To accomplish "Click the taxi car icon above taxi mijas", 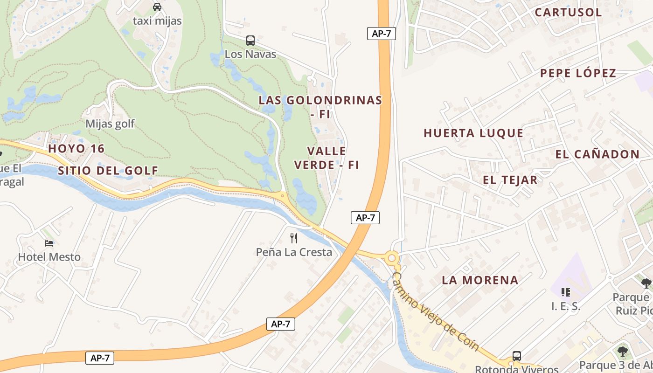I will [157, 7].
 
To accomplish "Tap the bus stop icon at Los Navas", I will [250, 41].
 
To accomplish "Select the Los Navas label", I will [250, 54].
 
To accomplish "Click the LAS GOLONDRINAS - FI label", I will [320, 106].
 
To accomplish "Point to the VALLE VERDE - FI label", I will [327, 158].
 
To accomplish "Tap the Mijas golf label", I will [110, 124].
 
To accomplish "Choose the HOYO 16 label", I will [76, 149].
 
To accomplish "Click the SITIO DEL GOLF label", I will [108, 171].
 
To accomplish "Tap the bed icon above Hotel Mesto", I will [49, 243].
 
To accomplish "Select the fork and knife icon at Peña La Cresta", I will [294, 238].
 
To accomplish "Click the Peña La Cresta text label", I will [294, 252].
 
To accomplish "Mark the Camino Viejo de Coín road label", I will [436, 311].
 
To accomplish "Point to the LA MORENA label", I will [480, 280].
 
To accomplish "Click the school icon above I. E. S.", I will [566, 292].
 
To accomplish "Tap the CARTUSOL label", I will [568, 13].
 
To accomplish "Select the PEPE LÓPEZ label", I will [578, 73].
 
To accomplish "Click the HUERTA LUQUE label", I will [473, 133].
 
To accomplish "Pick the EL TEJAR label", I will [510, 180].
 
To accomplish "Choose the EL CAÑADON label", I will [597, 154].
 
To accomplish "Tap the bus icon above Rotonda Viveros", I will [517, 356].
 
